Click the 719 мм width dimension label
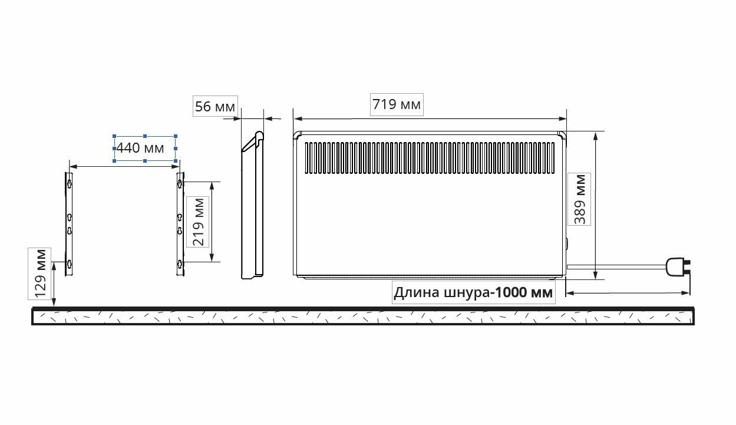point(397,105)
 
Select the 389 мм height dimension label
point(580,199)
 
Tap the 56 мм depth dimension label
point(214,107)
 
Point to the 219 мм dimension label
point(197,222)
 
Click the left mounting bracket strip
point(69,224)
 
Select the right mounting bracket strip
point(180,224)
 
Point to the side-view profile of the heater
point(252,206)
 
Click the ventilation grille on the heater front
point(429,158)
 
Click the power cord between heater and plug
point(616,266)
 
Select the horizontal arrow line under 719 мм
point(430,118)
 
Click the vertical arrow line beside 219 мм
point(212,222)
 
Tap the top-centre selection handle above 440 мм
point(145,136)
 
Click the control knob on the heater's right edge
point(567,243)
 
